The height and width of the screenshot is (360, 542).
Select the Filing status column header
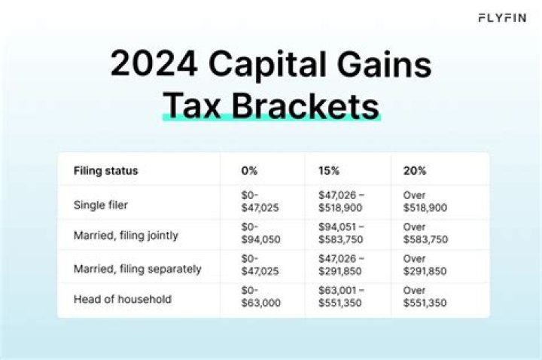coord(106,171)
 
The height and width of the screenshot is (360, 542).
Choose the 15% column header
coord(329,171)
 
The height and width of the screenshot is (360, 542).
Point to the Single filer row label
coord(100,204)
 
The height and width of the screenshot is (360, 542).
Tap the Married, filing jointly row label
coord(126,236)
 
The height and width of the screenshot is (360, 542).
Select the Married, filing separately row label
coord(138,268)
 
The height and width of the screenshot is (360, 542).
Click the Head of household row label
coord(123,299)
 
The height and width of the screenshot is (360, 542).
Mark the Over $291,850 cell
coord(425,268)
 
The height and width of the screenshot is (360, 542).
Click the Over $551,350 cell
coord(425,299)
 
